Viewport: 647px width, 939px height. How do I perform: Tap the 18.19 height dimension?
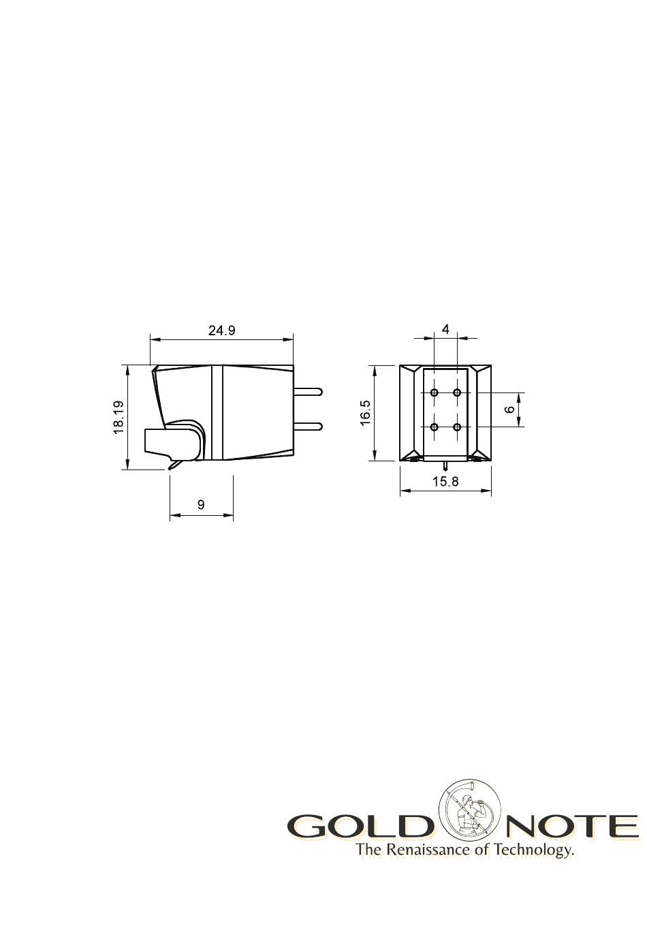point(119,417)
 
